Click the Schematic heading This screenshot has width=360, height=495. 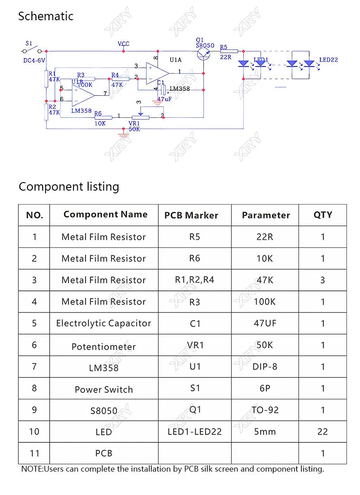tap(45, 16)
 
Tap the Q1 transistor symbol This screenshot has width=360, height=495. tap(203, 54)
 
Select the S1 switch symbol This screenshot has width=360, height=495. tap(31, 50)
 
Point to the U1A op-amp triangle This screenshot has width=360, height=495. tap(157, 73)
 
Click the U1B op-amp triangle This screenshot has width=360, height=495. tap(83, 96)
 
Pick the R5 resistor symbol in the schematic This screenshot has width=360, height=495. tap(229, 51)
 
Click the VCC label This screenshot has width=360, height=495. tap(124, 44)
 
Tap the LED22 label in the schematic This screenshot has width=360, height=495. tap(328, 60)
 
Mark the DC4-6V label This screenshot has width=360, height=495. tap(34, 60)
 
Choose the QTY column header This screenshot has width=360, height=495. tap(323, 215)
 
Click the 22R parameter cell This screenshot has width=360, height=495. tap(265, 237)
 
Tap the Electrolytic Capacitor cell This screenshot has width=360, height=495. tap(103, 323)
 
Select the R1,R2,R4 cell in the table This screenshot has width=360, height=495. tap(194, 280)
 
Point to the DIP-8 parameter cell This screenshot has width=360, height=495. tap(265, 366)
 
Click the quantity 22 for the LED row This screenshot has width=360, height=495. tap(322, 432)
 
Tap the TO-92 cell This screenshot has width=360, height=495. tap(265, 410)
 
